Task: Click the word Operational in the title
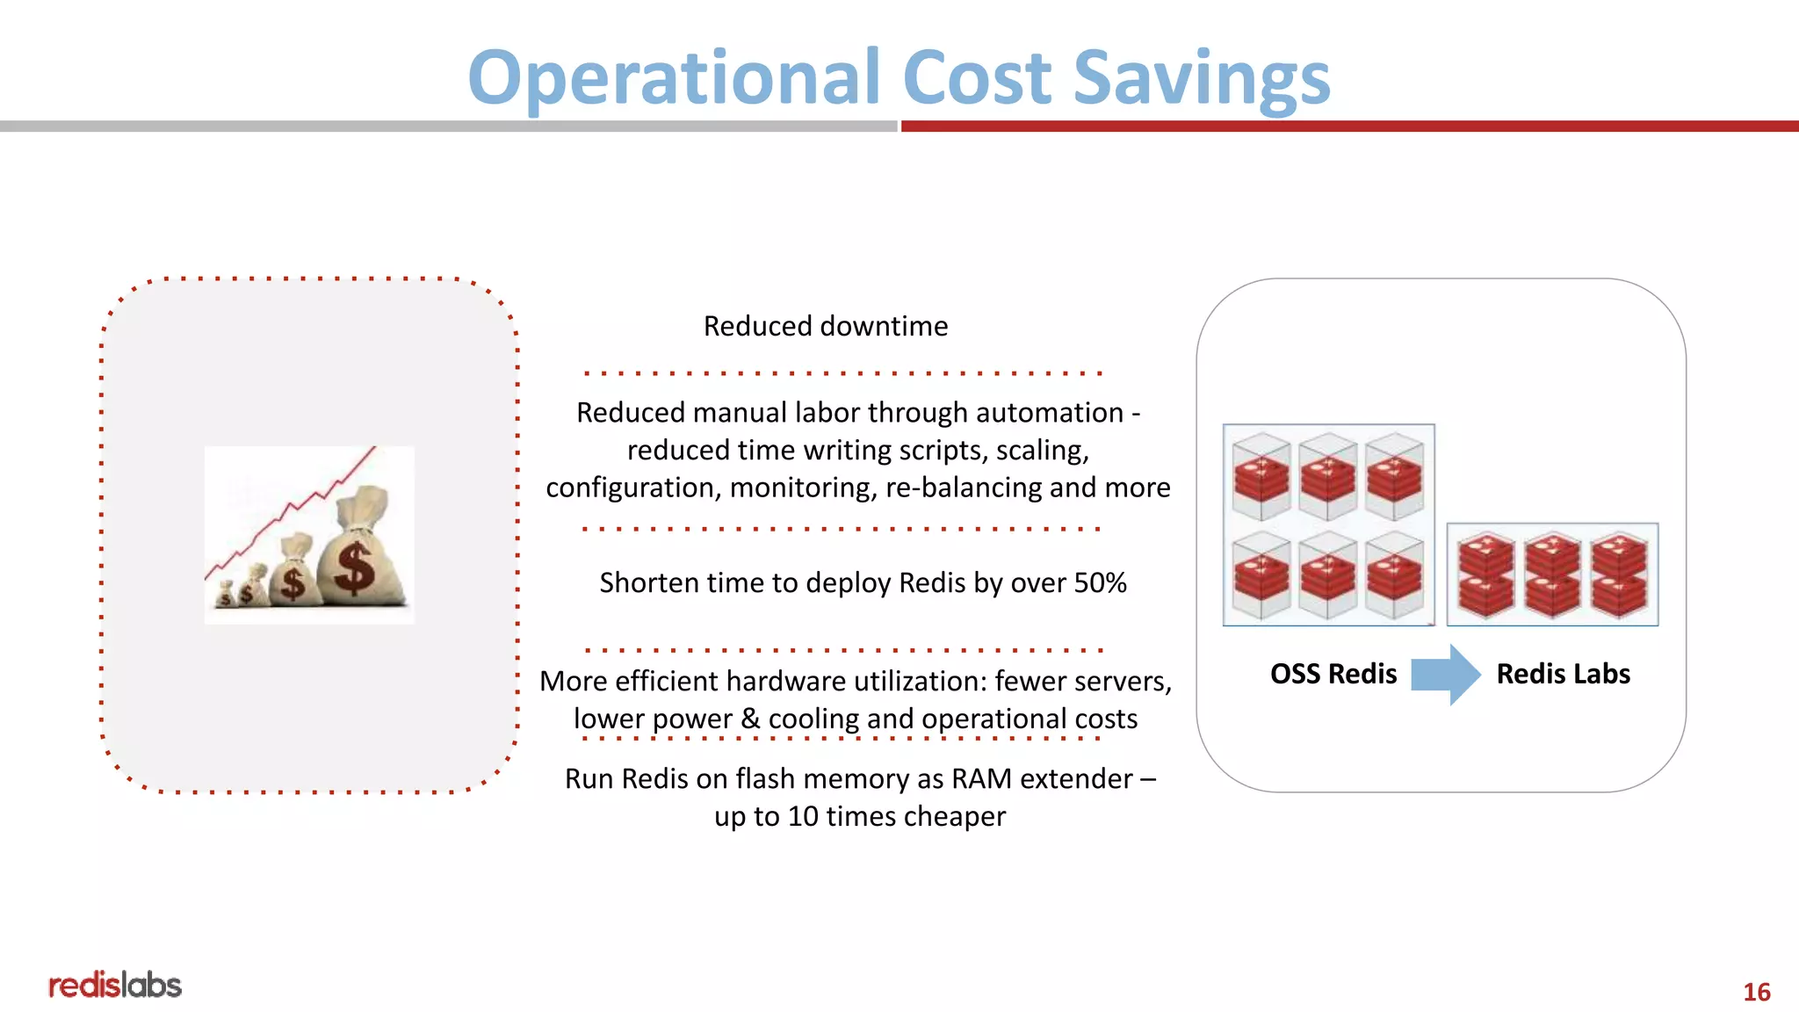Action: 674,79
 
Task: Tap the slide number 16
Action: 1756,992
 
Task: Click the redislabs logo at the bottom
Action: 115,985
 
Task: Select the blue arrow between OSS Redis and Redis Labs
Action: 1445,675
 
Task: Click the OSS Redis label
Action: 1333,674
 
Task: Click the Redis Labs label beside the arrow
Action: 1563,674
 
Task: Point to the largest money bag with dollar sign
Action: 360,558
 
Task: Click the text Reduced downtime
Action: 826,326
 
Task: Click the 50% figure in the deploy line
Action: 1100,582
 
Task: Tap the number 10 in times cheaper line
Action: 803,816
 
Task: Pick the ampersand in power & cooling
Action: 750,719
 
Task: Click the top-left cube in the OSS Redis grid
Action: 1261,475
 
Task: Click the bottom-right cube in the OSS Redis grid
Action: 1394,575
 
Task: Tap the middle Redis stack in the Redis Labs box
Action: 1552,575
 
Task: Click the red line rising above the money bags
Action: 290,510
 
